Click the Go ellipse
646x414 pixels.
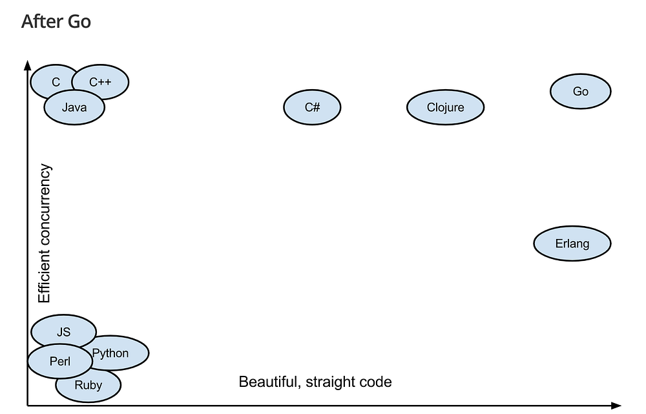(x=580, y=92)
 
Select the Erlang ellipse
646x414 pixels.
(x=572, y=243)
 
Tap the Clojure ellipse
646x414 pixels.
(x=445, y=107)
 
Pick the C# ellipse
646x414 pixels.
(x=312, y=107)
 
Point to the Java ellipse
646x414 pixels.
(x=74, y=108)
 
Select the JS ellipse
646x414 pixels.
(x=63, y=332)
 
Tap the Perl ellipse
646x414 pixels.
(x=59, y=362)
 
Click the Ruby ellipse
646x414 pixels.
(x=89, y=386)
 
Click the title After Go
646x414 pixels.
(x=56, y=21)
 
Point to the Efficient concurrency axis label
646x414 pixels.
(x=44, y=234)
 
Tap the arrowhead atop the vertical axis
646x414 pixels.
(x=27, y=64)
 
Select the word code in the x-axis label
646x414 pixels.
(x=376, y=382)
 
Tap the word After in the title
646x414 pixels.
(x=43, y=21)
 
